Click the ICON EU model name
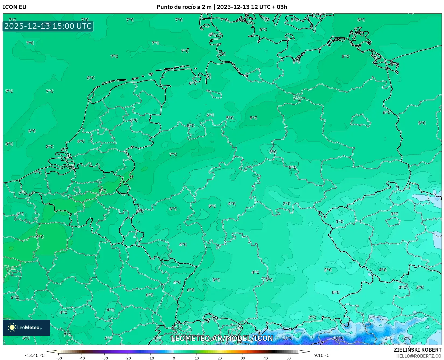15,7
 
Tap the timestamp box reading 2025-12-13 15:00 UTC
48,26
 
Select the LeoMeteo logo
26,327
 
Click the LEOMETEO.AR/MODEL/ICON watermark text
222,338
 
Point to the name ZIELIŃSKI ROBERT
417,350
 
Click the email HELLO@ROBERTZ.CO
419,356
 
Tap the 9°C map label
40,237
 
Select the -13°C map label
287,338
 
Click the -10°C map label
338,338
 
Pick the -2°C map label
407,338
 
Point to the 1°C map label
340,222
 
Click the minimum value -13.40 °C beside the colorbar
34,355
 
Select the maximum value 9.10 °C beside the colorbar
322,355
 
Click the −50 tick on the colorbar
58,358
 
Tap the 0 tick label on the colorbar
174,358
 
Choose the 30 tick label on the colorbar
243,358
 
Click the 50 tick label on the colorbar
289,358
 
